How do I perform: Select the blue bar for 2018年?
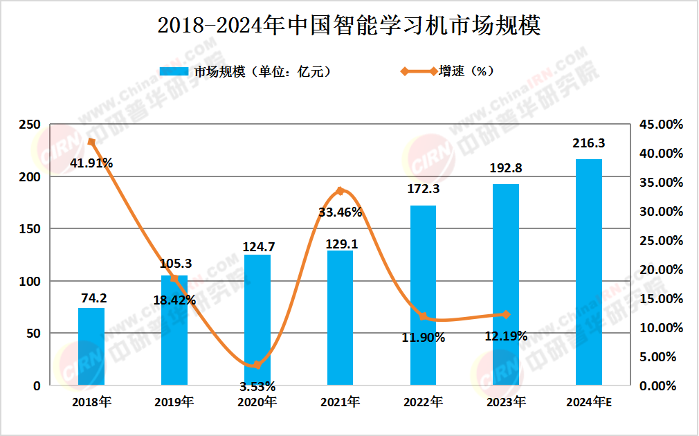pyautogui.click(x=91, y=346)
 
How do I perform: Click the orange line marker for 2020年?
pyautogui.click(x=257, y=365)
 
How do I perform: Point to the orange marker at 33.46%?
pyautogui.click(x=340, y=190)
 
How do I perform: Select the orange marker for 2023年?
pyautogui.click(x=506, y=314)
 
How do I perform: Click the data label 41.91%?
pyautogui.click(x=91, y=163)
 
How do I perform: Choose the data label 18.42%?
pyautogui.click(x=174, y=300)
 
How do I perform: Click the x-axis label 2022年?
pyautogui.click(x=423, y=402)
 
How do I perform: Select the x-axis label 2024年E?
pyautogui.click(x=589, y=402)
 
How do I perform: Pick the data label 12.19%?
pyautogui.click(x=506, y=336)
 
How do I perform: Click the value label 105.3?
pyautogui.click(x=174, y=263)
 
